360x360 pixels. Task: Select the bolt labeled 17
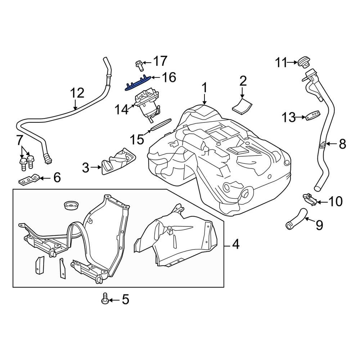coord(139,65)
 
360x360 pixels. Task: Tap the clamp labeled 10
coord(309,199)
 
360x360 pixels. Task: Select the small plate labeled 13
coord(313,116)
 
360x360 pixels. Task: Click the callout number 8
coord(342,144)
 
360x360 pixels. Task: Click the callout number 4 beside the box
coord(235,245)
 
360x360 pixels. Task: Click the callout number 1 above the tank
coord(204,88)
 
